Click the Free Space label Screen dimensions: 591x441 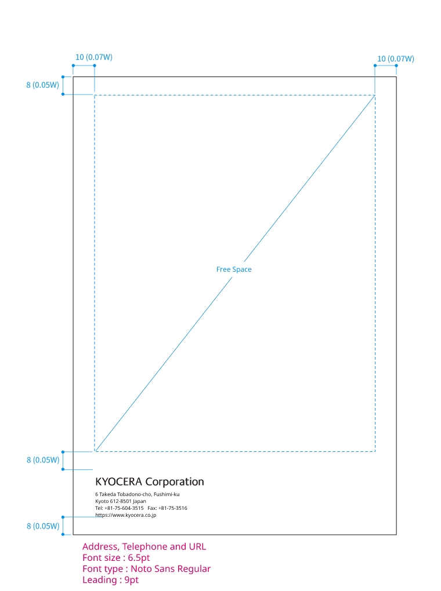[234, 269]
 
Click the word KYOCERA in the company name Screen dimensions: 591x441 [118, 481]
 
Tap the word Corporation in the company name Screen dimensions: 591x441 [175, 481]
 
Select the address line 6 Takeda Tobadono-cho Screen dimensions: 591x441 [137, 494]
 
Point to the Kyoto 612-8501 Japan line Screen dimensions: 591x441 [121, 501]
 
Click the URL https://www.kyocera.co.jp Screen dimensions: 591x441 [125, 515]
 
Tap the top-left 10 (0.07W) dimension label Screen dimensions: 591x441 [94, 57]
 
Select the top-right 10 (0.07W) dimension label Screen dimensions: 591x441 [396, 59]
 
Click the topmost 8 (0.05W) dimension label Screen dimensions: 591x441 [43, 85]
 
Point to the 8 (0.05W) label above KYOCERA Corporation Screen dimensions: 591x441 [43, 461]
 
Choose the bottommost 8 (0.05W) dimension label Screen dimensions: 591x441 [43, 526]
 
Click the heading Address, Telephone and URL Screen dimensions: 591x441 [144, 546]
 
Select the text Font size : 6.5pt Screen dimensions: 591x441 [116, 557]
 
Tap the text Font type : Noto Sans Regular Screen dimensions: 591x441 [146, 569]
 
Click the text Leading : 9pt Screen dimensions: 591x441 [110, 580]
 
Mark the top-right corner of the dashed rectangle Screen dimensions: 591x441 [375, 95]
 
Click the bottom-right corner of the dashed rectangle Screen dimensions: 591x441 [375, 451]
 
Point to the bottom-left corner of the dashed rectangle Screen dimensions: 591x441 [95, 451]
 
